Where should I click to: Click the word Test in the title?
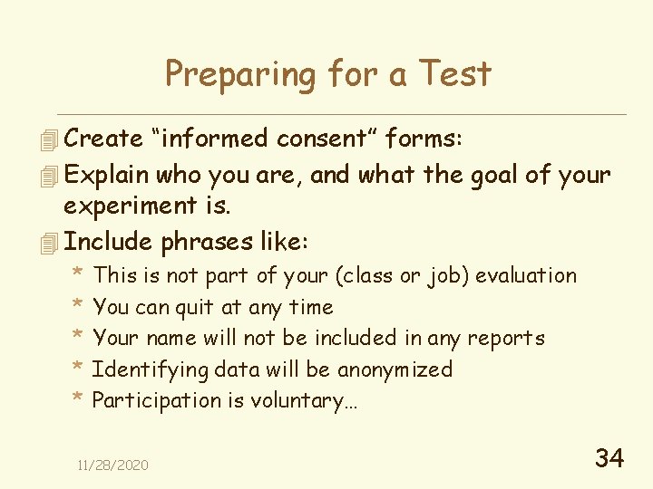[x=455, y=73]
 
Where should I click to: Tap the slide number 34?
[x=609, y=458]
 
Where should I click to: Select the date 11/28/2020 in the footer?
[x=112, y=465]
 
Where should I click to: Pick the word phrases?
[x=210, y=243]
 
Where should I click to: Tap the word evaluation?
[x=526, y=275]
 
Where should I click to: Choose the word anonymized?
[x=395, y=369]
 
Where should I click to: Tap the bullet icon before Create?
[x=49, y=139]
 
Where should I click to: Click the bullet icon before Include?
[x=49, y=243]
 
